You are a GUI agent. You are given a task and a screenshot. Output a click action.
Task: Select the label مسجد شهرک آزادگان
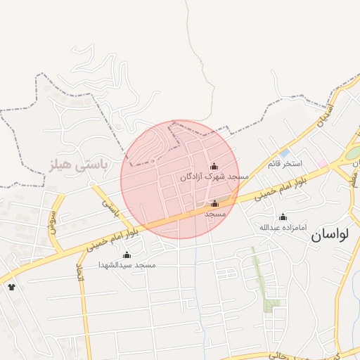pyautogui.click(x=214, y=177)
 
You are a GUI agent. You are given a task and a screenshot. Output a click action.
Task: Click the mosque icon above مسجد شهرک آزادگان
pyautogui.click(x=214, y=166)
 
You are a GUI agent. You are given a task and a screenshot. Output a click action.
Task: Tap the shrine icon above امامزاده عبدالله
pyautogui.click(x=283, y=217)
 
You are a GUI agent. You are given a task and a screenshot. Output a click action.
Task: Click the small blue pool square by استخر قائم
pyautogui.click(x=284, y=153)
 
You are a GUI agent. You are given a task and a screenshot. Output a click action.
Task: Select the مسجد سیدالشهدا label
pyautogui.click(x=127, y=264)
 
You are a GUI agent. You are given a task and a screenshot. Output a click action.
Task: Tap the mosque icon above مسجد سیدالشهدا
pyautogui.click(x=127, y=255)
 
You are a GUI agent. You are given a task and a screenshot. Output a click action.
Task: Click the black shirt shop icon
pyautogui.click(x=11, y=286)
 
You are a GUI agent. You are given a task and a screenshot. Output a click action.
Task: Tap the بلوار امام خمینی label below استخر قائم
pyautogui.click(x=265, y=191)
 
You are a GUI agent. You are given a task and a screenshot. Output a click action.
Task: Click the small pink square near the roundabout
pyautogui.click(x=321, y=163)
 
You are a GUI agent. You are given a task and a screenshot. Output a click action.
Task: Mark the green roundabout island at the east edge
pyautogui.click(x=354, y=153)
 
